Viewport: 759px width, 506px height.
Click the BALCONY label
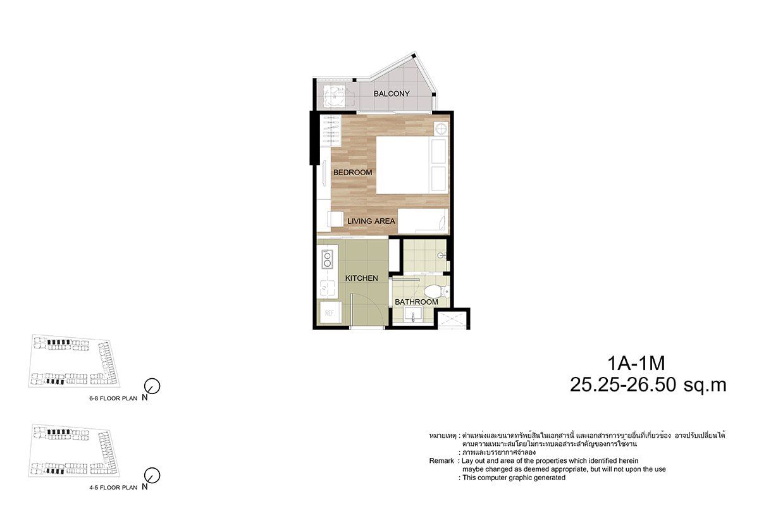tap(392, 94)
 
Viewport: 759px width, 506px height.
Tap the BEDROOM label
tap(352, 173)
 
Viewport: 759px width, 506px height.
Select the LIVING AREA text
tap(371, 221)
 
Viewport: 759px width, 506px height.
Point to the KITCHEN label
tap(361, 278)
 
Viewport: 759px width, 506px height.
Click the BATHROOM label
tap(416, 302)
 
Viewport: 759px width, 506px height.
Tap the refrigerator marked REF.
tap(330, 313)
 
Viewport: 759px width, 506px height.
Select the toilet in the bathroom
tap(436, 291)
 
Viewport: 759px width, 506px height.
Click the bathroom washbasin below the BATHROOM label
tap(413, 315)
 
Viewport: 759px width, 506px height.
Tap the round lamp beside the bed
tap(441, 129)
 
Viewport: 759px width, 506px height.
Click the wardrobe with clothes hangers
tap(331, 131)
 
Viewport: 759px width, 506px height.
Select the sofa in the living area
tap(423, 221)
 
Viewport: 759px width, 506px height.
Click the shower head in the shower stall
tap(441, 255)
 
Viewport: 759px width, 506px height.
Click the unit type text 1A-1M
tap(636, 363)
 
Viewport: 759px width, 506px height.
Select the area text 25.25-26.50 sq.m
tap(648, 385)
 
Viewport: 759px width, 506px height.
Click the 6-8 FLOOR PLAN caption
tap(113, 398)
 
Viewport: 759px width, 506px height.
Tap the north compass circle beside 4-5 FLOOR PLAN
tap(152, 476)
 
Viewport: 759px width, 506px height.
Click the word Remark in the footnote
tap(441, 461)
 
